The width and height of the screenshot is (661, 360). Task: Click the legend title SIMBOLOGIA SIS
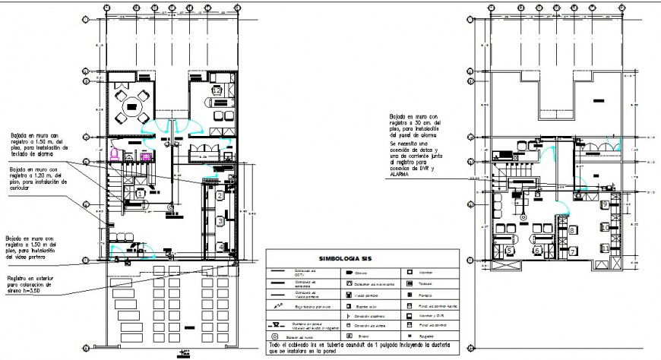[362, 257]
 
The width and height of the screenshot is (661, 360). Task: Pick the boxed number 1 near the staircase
[141, 194]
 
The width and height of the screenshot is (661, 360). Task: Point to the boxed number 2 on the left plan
[219, 196]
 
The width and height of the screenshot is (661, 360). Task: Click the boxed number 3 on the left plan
[219, 221]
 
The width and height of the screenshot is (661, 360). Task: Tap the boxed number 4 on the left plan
[219, 246]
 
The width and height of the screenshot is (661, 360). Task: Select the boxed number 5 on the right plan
[509, 248]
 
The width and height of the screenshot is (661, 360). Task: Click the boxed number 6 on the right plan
[536, 250]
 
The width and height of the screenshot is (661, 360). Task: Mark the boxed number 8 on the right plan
[571, 229]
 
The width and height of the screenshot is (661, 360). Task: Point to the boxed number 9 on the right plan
[603, 204]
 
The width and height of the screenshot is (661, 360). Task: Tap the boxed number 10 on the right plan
[603, 226]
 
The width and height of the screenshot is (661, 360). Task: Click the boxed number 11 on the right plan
[603, 247]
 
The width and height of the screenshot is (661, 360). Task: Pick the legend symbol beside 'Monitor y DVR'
[410, 314]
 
